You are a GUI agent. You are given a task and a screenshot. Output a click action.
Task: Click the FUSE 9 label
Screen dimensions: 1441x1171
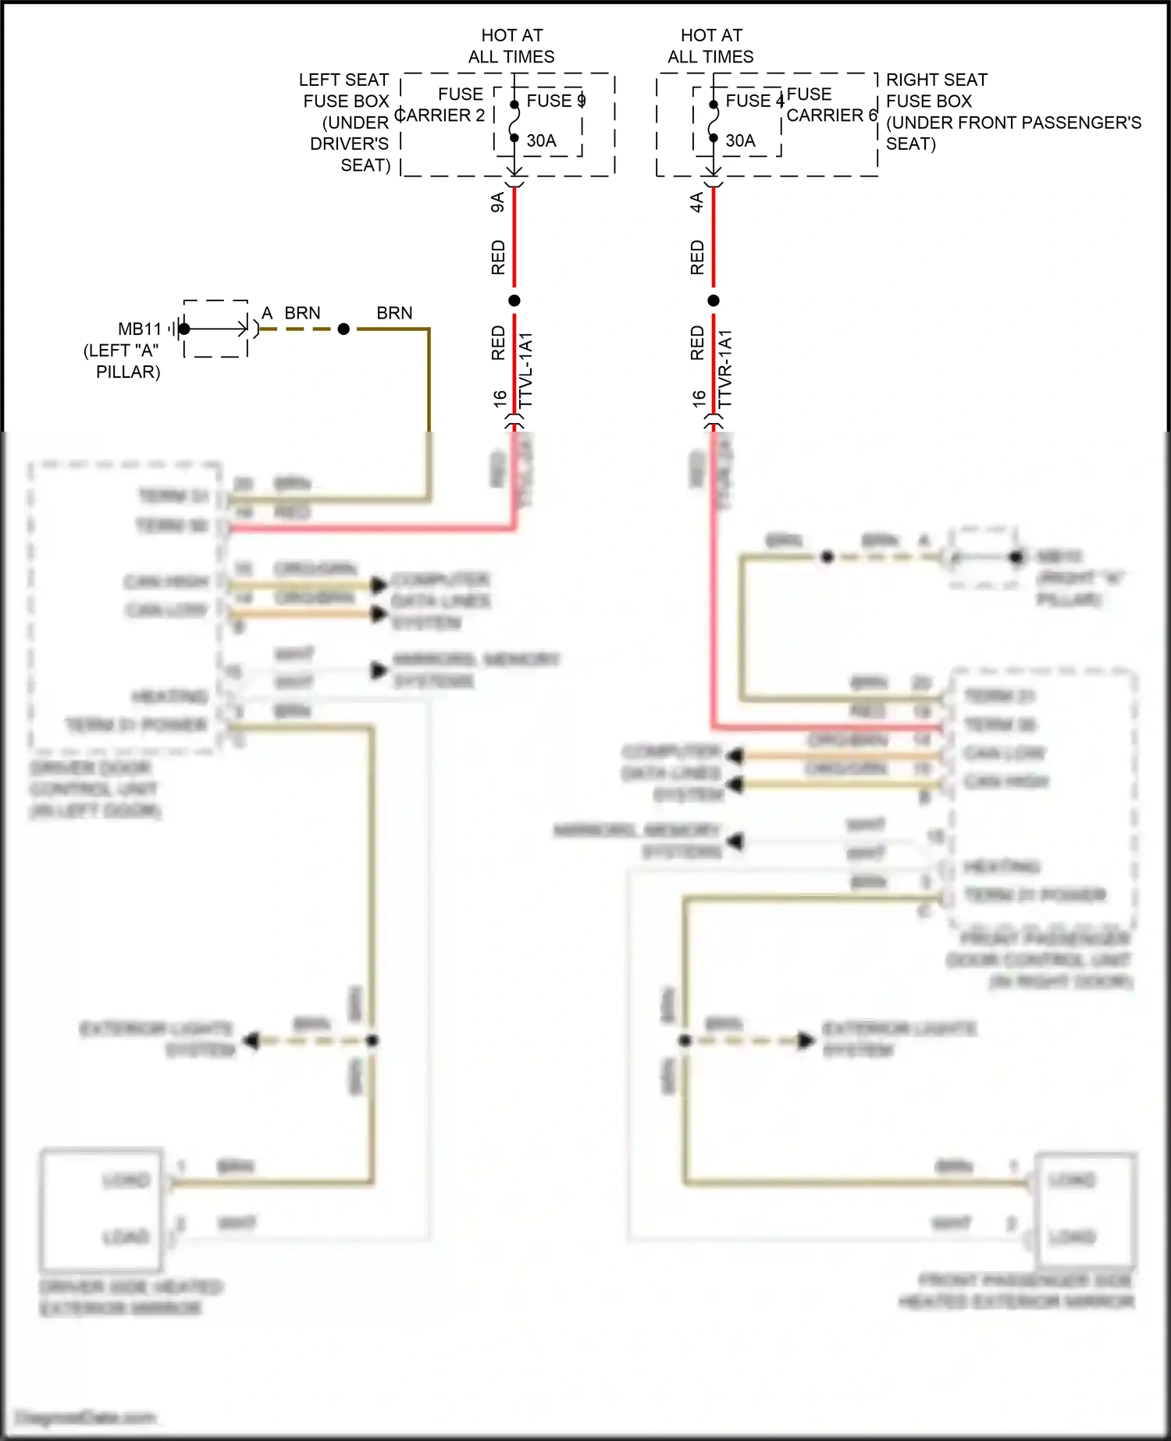pyautogui.click(x=556, y=101)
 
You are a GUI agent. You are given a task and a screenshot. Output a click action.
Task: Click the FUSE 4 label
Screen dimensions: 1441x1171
pyautogui.click(x=754, y=101)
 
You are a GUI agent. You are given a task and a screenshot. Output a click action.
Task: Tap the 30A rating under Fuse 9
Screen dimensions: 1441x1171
pyautogui.click(x=541, y=141)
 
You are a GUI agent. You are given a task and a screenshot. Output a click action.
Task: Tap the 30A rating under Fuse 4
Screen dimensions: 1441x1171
pyautogui.click(x=740, y=141)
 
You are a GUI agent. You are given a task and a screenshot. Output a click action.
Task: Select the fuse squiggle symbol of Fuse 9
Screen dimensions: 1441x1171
pyautogui.click(x=514, y=121)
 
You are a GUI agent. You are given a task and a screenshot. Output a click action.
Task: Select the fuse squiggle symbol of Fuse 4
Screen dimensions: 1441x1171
pyautogui.click(x=714, y=121)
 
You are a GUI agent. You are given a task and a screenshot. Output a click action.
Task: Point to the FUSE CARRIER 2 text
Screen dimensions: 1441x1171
pyautogui.click(x=441, y=105)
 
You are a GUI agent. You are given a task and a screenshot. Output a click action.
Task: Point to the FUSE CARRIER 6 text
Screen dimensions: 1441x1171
pyautogui.click(x=831, y=105)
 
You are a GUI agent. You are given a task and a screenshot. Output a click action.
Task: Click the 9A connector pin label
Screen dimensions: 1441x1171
pyautogui.click(x=497, y=203)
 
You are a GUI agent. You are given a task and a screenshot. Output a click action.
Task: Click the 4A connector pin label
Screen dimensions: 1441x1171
pyautogui.click(x=696, y=203)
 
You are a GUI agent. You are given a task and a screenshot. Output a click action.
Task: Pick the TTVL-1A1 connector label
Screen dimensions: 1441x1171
pyautogui.click(x=526, y=370)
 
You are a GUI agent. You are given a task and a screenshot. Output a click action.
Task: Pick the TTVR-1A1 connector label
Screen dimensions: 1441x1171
pyautogui.click(x=725, y=369)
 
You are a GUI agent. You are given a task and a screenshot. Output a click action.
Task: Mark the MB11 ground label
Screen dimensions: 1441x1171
pyautogui.click(x=140, y=329)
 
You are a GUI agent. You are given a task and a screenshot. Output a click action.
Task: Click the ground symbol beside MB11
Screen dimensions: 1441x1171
pyautogui.click(x=175, y=329)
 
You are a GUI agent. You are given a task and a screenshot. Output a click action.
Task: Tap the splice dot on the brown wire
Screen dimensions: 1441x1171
pyautogui.click(x=343, y=329)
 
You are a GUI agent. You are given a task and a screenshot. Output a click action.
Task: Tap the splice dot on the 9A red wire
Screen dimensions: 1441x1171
pyautogui.click(x=514, y=301)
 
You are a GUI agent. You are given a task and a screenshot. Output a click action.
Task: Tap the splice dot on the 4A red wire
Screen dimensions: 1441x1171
pyautogui.click(x=714, y=301)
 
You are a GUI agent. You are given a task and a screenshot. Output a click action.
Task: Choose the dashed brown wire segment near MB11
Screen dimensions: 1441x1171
pyautogui.click(x=300, y=329)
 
